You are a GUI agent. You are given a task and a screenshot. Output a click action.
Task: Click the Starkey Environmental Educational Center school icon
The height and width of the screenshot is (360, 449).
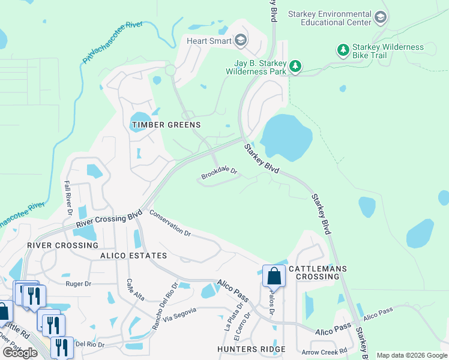pyautogui.click(x=379, y=18)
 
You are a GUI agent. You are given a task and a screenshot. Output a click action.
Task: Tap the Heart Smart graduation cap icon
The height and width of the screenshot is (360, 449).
pyautogui.click(x=241, y=41)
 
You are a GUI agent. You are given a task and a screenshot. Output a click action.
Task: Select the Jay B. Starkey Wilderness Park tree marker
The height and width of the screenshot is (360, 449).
pyautogui.click(x=295, y=65)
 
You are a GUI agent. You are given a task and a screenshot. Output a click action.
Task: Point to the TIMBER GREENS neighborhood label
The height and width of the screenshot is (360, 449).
pyautogui.click(x=166, y=125)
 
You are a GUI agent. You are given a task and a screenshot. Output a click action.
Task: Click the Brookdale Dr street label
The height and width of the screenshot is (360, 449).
pyautogui.click(x=220, y=173)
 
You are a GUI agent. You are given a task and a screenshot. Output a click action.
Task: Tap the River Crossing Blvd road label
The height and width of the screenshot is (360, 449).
pyautogui.click(x=109, y=219)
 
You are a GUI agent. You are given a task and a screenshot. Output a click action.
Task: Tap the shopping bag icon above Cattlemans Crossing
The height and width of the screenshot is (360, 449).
pyautogui.click(x=274, y=276)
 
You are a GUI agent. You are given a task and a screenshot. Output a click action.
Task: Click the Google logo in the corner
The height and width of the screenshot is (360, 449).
pyautogui.click(x=20, y=353)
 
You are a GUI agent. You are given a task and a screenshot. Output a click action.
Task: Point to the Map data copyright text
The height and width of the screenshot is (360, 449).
pyautogui.click(x=411, y=355)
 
